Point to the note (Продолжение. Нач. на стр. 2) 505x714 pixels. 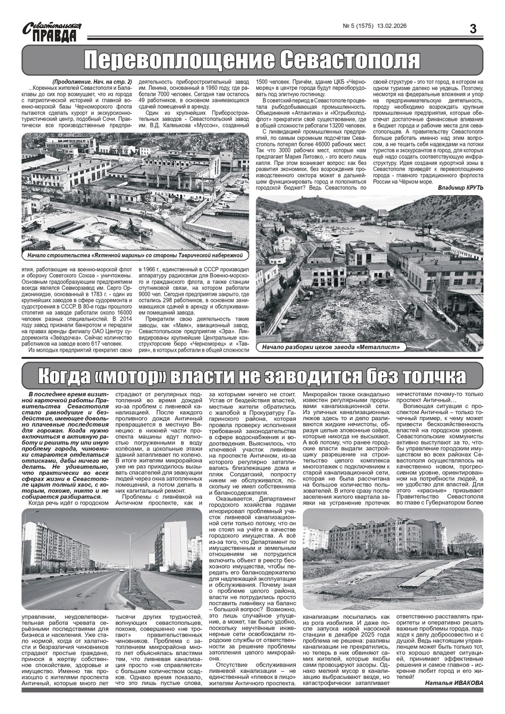[x=92, y=82]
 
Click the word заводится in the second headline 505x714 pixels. [x=299, y=377]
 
